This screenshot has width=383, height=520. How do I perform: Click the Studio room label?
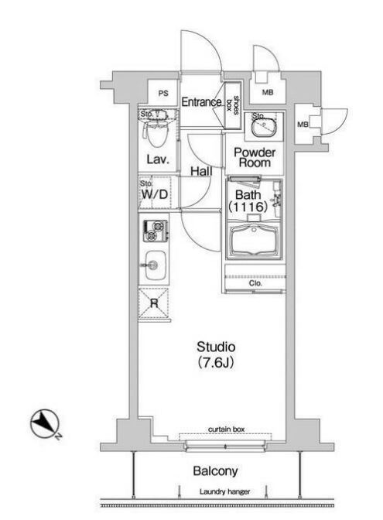216,347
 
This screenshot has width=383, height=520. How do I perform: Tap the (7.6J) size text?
216,362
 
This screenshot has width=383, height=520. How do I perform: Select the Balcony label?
215,471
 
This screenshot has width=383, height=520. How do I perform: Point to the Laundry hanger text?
224,492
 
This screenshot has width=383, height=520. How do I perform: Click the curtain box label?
227,429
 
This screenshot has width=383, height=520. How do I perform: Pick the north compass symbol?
45,423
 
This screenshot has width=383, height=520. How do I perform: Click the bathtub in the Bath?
254,239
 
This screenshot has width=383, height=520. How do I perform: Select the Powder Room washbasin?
264,127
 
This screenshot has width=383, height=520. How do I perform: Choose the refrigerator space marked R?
154,303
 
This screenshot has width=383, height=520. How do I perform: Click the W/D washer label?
155,194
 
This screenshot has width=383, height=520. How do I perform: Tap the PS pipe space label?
163,94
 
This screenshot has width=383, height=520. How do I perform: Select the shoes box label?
232,106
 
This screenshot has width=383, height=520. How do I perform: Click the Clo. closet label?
255,283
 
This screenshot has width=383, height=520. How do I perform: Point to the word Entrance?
202,102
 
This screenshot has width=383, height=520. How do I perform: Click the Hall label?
201,171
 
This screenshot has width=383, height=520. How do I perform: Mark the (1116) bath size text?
248,207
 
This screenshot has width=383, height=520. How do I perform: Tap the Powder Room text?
255,158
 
